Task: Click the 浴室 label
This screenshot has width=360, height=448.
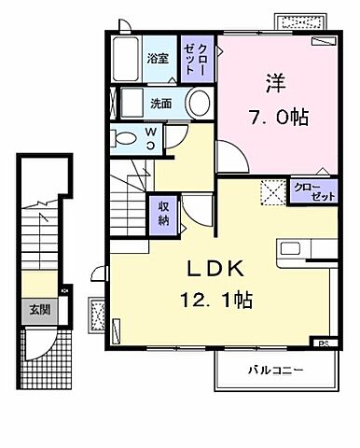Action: (158, 59)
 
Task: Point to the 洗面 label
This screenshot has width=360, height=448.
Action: (159, 105)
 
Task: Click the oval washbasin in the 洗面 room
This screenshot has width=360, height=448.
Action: (196, 105)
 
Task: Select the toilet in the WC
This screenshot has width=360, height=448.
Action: (122, 137)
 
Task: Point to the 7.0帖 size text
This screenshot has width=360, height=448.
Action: (277, 119)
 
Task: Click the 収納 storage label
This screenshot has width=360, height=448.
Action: (163, 215)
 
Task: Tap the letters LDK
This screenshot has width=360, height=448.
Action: (220, 267)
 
